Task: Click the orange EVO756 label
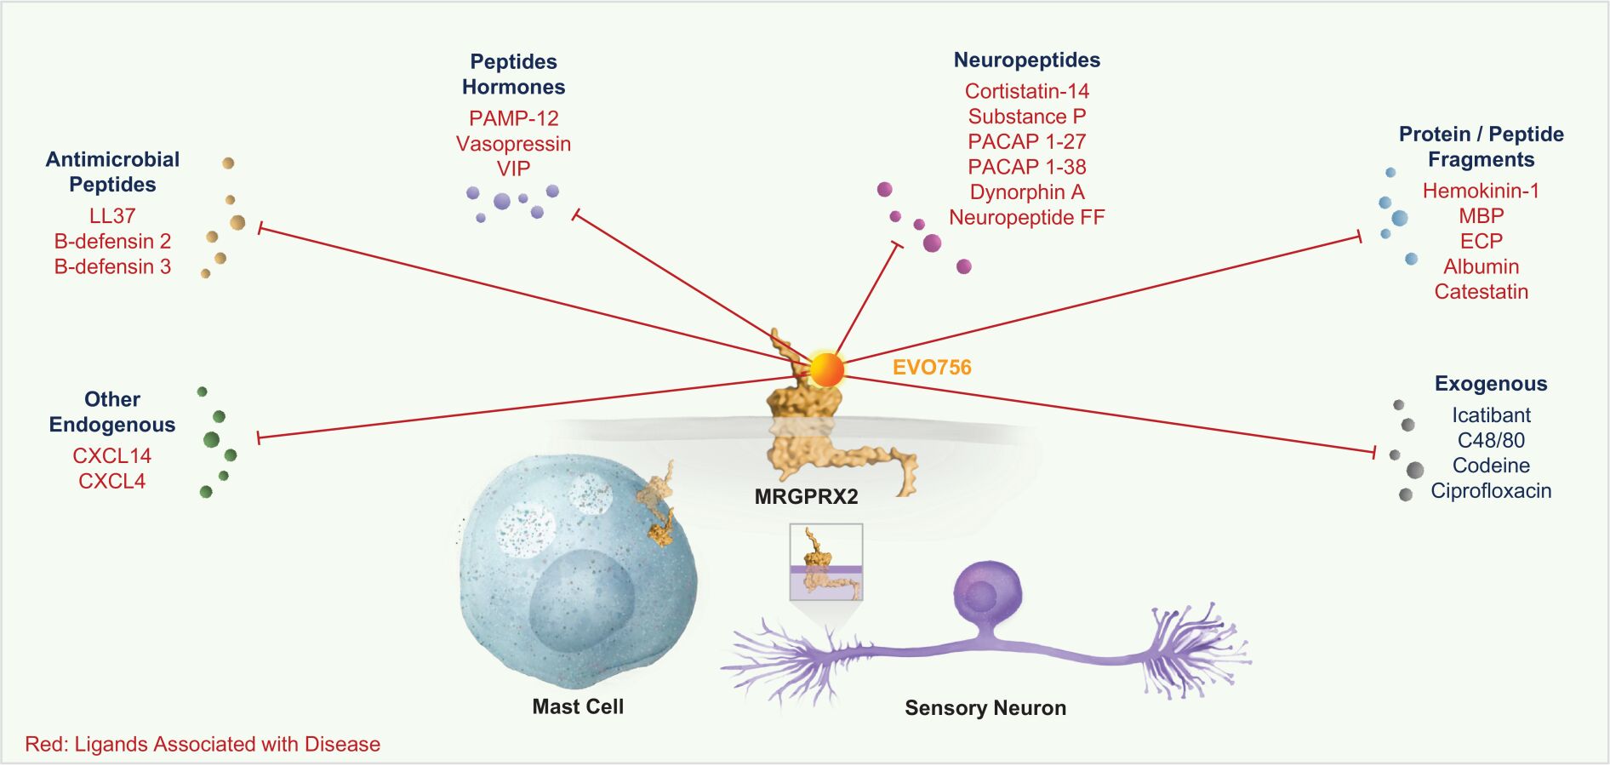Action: (932, 368)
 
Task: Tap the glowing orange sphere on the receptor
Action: (825, 370)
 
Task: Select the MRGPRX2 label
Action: (806, 496)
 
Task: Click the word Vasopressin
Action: (513, 144)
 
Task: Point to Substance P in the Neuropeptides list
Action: (1026, 117)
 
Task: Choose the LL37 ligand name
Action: (112, 216)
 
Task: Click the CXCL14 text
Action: (111, 456)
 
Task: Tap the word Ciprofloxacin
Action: (1490, 491)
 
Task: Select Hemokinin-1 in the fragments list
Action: (1481, 191)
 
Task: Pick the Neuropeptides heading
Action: (1026, 60)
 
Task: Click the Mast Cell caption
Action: (578, 706)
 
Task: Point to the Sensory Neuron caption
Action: (985, 708)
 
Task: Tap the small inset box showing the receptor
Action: (825, 562)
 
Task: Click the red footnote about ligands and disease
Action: (203, 744)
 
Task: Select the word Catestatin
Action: (1481, 292)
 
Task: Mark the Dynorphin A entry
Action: (1026, 192)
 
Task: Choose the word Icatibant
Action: (1490, 415)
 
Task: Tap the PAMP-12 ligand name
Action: (513, 118)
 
